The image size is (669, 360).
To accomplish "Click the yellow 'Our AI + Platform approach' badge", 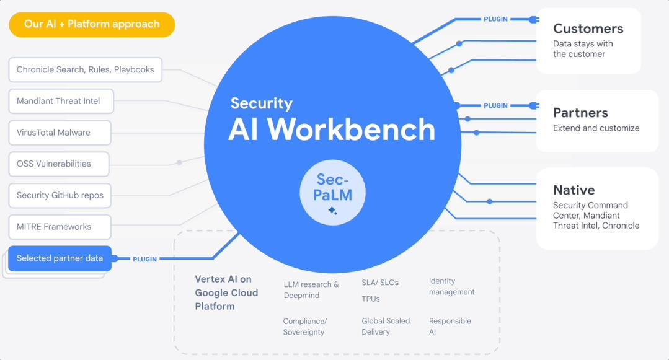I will tap(92, 25).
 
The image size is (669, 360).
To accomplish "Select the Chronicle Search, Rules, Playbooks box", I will tap(85, 70).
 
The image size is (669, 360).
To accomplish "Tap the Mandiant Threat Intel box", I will tap(61, 101).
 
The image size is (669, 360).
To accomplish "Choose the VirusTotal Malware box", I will tap(60, 133).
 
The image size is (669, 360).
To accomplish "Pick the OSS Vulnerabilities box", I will tap(58, 164).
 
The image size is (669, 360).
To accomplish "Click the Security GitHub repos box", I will tap(60, 196).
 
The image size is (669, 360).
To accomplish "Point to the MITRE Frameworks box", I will tap(60, 227).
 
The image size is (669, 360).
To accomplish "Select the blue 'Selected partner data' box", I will tap(60, 258).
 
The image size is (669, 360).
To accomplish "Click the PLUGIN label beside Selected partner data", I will tap(144, 259).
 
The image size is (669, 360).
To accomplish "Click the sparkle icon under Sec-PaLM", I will tap(333, 211).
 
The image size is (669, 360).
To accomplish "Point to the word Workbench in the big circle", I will tap(352, 130).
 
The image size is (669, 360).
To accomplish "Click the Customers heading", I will tap(588, 29).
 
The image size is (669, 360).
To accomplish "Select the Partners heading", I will tap(580, 113).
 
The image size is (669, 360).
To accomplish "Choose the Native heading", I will tap(574, 190).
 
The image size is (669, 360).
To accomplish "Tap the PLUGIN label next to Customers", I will tap(495, 19).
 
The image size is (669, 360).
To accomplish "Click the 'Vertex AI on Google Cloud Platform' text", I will tap(226, 292).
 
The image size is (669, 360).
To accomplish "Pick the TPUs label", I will tap(371, 299).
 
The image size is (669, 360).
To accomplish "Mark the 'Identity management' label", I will tap(451, 286).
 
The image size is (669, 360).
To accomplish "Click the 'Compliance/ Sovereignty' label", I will tap(304, 327).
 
